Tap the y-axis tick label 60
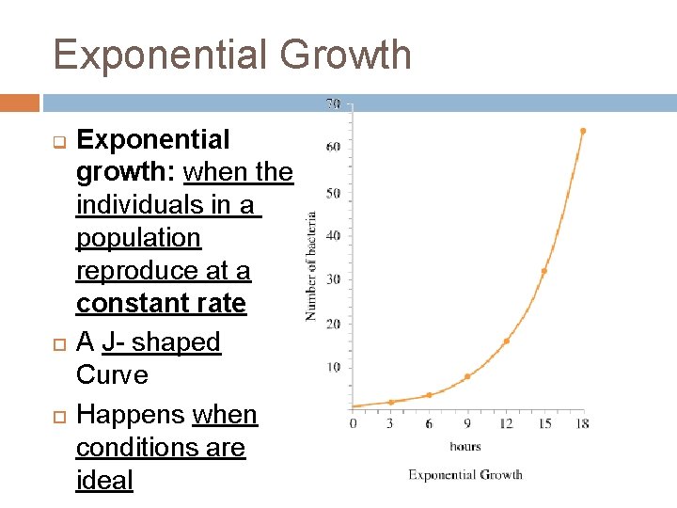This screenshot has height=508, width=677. point(333,147)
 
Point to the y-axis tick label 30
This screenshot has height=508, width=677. point(333,279)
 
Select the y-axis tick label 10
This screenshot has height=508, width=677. point(333,367)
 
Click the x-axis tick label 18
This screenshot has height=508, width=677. point(582,424)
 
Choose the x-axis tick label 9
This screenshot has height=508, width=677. point(467,424)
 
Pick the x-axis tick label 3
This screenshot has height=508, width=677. point(391,424)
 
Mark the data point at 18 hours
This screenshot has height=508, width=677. point(582,131)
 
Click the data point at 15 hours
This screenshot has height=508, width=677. point(543,271)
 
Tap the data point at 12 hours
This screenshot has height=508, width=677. point(506,341)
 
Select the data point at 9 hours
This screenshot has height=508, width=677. point(467,376)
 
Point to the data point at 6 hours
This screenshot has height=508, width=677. point(429,395)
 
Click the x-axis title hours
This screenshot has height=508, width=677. point(465,447)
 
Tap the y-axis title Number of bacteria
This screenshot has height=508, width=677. point(310,266)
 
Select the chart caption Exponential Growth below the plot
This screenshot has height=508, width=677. point(465,475)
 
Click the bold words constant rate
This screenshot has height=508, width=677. point(161,304)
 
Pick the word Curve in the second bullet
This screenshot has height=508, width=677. point(112,374)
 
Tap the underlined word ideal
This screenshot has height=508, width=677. point(104,480)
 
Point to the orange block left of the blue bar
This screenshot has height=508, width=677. point(20,103)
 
